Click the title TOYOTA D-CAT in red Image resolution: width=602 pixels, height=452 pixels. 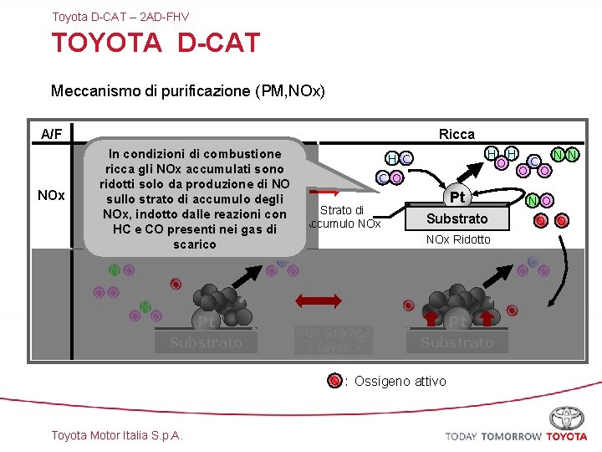156,44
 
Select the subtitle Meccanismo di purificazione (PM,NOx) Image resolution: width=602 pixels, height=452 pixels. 187,90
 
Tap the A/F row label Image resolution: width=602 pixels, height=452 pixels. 52,134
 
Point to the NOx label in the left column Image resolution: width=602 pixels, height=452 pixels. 52,195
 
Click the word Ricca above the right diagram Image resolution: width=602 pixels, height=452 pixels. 457,134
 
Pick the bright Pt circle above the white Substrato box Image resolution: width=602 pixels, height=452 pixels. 457,198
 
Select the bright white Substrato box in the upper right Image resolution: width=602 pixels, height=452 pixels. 457,219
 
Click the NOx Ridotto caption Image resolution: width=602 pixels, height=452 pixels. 458,240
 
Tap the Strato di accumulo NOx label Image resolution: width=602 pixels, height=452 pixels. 343,218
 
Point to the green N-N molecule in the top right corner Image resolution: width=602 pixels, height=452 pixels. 565,155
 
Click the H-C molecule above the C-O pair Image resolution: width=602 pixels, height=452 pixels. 398,159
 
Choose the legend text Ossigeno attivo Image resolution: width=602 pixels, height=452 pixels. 400,382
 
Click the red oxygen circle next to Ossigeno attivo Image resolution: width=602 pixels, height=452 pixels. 334,382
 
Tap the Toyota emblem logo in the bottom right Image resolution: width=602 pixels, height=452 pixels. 566,418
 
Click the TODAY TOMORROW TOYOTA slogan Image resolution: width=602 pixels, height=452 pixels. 516,436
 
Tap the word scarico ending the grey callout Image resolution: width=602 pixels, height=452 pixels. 194,244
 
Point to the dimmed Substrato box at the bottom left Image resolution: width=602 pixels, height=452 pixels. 206,342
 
